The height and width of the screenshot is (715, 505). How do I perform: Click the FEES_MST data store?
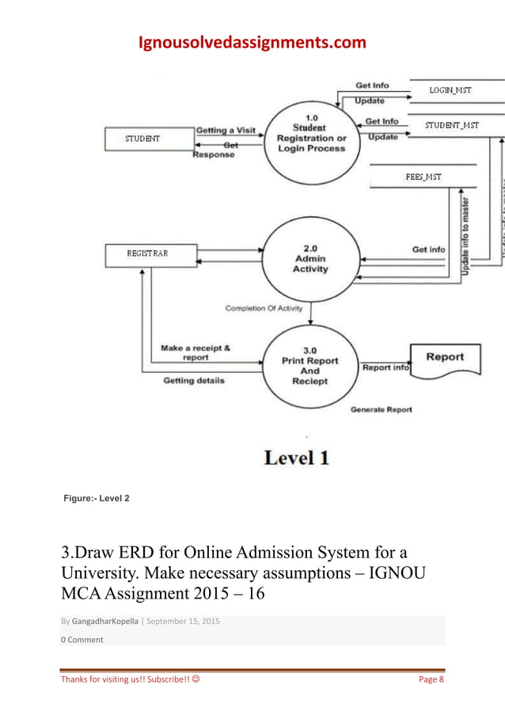click(423, 177)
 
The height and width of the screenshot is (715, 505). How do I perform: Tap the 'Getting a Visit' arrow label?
click(226, 130)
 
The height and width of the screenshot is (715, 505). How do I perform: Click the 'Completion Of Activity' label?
click(264, 308)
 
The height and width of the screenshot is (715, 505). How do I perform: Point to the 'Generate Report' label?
click(381, 409)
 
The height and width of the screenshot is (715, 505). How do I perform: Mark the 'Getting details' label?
click(194, 380)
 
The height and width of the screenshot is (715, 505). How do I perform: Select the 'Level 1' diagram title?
click(296, 458)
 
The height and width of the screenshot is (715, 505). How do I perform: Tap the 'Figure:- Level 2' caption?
click(97, 498)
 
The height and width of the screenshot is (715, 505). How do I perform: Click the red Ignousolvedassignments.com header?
click(252, 42)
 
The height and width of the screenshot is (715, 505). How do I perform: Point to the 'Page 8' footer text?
click(431, 679)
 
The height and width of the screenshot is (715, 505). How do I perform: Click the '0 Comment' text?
click(82, 640)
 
